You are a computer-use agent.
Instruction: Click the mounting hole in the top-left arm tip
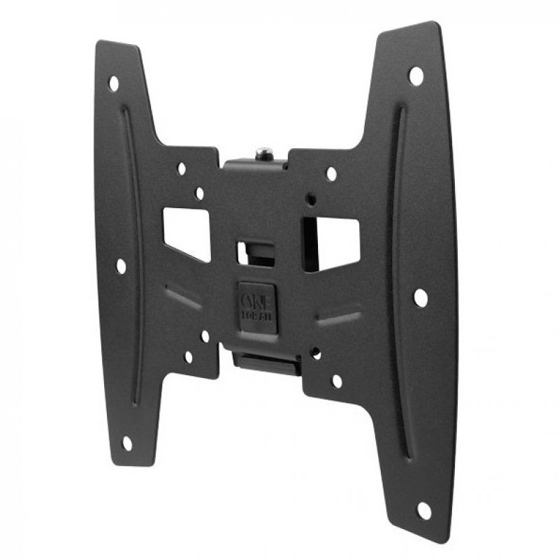113,83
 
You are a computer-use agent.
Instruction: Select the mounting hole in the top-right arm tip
416,74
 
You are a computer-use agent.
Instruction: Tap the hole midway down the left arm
121,266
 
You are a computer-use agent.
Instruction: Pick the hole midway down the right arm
420,298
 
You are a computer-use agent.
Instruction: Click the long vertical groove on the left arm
132,259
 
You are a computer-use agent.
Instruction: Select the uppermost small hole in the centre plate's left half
182,168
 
